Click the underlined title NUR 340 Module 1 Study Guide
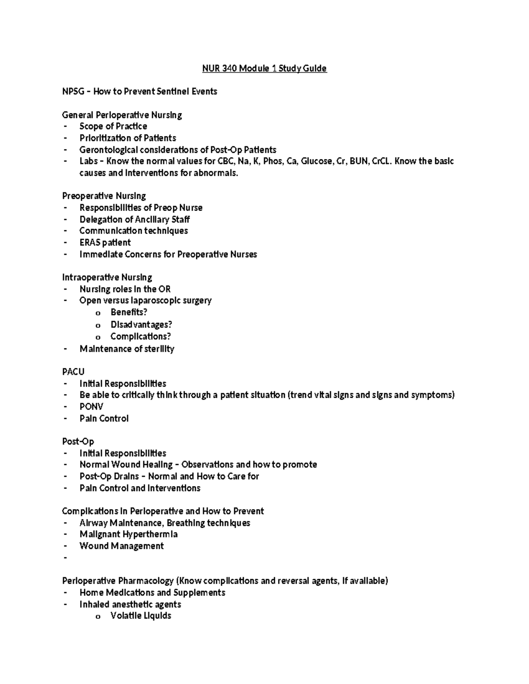(x=264, y=68)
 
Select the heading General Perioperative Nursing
(x=122, y=115)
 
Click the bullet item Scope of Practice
(x=113, y=126)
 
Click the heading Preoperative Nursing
(x=104, y=196)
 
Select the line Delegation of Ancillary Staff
(x=134, y=219)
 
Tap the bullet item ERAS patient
(x=105, y=243)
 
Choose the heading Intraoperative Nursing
(x=107, y=277)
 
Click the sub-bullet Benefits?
(x=129, y=312)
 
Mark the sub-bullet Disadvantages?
(x=141, y=325)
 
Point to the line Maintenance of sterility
(x=127, y=349)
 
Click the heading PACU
(x=73, y=372)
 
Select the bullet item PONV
(x=91, y=407)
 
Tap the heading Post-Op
(x=78, y=441)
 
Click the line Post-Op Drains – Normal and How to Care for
(x=169, y=476)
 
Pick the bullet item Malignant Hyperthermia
(x=128, y=534)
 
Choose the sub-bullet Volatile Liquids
(x=141, y=616)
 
